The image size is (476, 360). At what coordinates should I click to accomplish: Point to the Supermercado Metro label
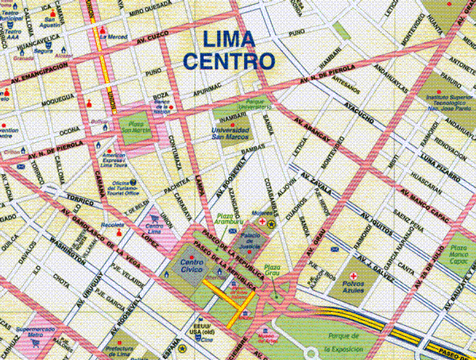(x=27, y=333)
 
